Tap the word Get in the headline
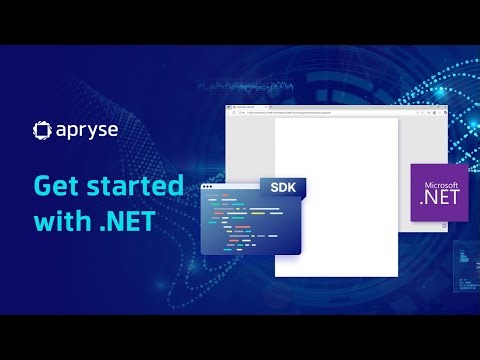point(57,186)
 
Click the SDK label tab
point(283,187)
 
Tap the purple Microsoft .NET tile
point(440,194)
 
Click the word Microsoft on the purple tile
point(440,185)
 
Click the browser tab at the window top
point(245,105)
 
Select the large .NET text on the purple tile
point(440,201)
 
